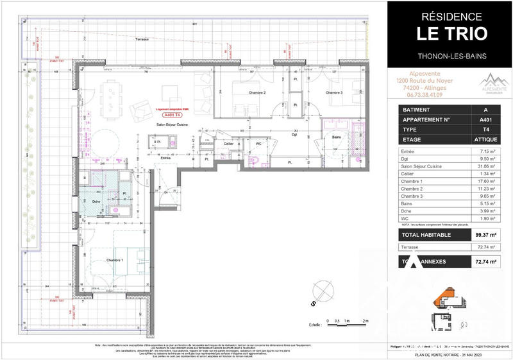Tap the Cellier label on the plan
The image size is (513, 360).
point(228,144)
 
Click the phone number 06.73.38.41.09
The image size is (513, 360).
point(419,95)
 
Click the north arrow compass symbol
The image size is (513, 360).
point(319,292)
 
